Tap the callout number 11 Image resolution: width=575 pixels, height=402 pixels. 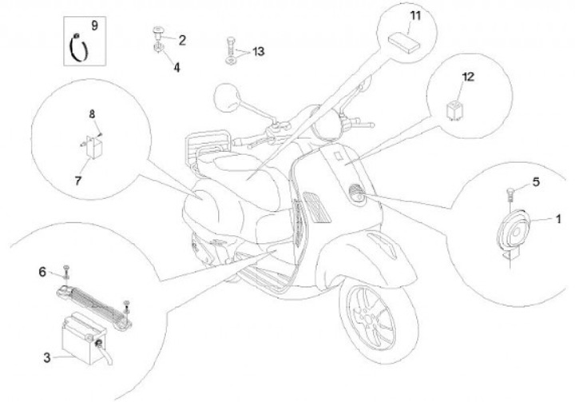point(414,15)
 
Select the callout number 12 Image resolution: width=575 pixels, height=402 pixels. point(468,77)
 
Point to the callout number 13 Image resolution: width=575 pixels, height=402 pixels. point(257,52)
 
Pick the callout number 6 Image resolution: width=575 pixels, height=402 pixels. point(42,272)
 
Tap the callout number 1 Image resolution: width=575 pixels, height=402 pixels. point(559,217)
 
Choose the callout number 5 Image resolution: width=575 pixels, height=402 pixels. point(535,182)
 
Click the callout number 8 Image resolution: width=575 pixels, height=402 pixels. point(93,113)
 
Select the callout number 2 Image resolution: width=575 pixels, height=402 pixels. point(182,38)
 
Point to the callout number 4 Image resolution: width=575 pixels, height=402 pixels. point(176,68)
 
